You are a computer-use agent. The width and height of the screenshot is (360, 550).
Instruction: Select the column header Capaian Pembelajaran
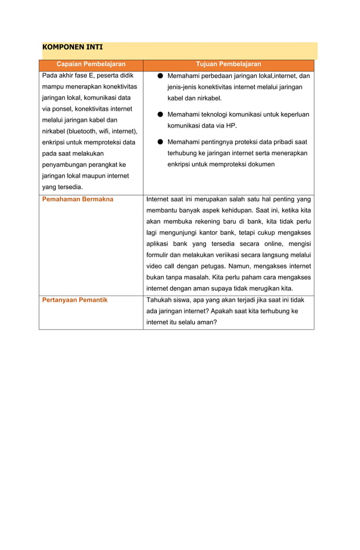[x=91, y=64]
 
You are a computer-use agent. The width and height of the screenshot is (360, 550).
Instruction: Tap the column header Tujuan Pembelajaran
[x=229, y=64]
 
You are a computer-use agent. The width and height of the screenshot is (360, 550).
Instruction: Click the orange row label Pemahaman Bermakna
[x=78, y=199]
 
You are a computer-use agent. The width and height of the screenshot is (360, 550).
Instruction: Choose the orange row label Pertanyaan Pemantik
[x=75, y=300]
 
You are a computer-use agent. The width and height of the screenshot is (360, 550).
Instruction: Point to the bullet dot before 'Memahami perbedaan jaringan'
[x=160, y=76]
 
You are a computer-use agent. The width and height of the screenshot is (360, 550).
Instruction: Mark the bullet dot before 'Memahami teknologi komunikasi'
[x=160, y=115]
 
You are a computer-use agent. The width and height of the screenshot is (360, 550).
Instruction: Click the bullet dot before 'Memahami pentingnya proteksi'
[x=160, y=142]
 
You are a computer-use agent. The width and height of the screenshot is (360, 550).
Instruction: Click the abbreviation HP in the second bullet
[x=230, y=125]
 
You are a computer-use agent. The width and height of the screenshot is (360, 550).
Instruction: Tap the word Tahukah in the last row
[x=160, y=300]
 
